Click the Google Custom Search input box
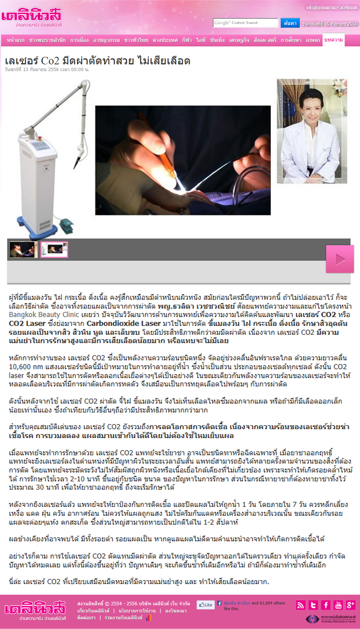245,23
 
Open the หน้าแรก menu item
16,40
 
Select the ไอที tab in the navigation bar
201,40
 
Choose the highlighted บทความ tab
333,40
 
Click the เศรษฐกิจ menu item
239,40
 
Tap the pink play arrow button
339,259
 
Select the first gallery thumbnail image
23,250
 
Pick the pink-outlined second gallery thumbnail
54,250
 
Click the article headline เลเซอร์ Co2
97,61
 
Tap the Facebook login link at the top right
332,7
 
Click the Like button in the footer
206,604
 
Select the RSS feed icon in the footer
301,605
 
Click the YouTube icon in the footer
338,605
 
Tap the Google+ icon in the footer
350,605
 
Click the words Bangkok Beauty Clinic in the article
44,315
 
